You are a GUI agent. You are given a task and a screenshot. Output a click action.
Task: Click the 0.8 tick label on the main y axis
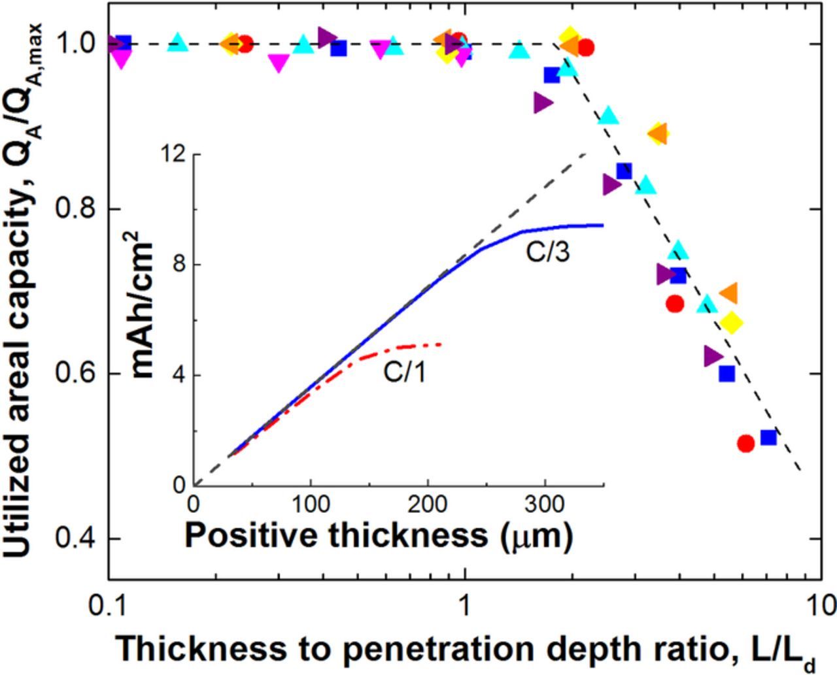[75, 209]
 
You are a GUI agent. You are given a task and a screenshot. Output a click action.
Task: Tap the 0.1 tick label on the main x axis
[108, 606]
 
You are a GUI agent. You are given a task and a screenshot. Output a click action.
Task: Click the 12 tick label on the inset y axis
[173, 154]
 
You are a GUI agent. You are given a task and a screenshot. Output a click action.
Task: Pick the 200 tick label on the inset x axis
[428, 505]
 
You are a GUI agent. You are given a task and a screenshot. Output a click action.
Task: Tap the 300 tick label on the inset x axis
[545, 505]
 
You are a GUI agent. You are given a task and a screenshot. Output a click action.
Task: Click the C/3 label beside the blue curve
[548, 252]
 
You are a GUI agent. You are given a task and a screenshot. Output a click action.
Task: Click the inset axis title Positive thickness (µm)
[379, 535]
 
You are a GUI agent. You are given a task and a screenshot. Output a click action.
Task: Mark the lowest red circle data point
[745, 443]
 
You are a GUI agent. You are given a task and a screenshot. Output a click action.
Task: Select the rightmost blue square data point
[768, 437]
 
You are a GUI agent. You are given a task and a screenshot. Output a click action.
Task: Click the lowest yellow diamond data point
[732, 322]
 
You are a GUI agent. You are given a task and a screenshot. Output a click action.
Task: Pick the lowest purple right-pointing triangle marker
[713, 356]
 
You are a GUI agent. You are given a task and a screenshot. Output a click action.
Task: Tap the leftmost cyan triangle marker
[178, 43]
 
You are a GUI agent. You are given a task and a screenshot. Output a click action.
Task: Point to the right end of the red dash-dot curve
[442, 344]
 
